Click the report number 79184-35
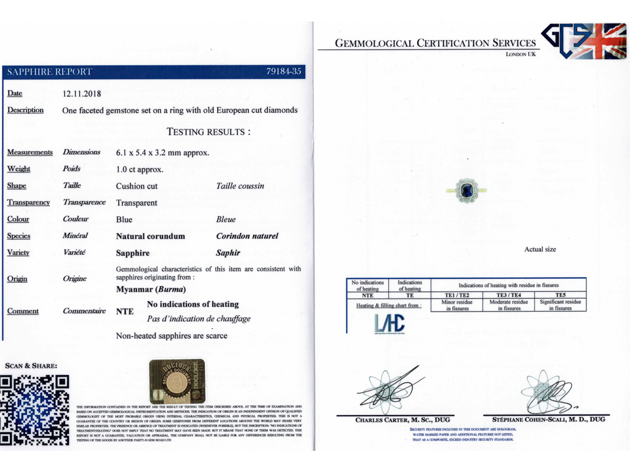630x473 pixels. [x=284, y=72]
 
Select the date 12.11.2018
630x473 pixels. [x=82, y=94]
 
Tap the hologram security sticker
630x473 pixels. [x=177, y=381]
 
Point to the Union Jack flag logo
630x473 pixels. [x=604, y=41]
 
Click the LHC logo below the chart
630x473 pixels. [x=389, y=324]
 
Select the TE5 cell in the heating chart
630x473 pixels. [x=560, y=295]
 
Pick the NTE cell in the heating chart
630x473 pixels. [x=367, y=295]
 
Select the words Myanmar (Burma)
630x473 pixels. [x=151, y=289]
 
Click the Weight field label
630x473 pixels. [x=18, y=169]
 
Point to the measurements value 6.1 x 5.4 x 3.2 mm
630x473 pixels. [x=162, y=152]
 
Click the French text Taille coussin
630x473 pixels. [x=240, y=186]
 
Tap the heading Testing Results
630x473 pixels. [x=209, y=132]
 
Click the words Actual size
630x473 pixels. [x=540, y=249]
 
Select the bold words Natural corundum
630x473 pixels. [x=150, y=236]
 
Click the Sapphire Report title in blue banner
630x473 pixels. [x=49, y=72]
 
